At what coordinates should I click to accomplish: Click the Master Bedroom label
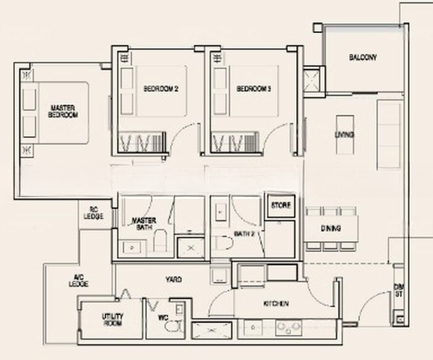click(x=63, y=111)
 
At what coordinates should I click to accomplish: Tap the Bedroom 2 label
click(x=161, y=89)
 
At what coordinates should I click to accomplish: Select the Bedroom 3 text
click(x=254, y=89)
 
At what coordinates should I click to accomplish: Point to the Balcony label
click(x=363, y=58)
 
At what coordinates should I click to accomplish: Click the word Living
click(x=344, y=134)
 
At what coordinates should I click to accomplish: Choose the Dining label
click(x=331, y=229)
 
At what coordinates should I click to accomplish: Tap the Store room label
click(x=281, y=205)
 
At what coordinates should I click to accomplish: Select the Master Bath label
click(x=144, y=224)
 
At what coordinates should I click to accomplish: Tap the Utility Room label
click(x=112, y=319)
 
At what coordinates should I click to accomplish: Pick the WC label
click(x=161, y=318)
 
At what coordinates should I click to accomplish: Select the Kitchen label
click(x=275, y=304)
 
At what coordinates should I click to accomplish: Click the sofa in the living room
click(x=389, y=135)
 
